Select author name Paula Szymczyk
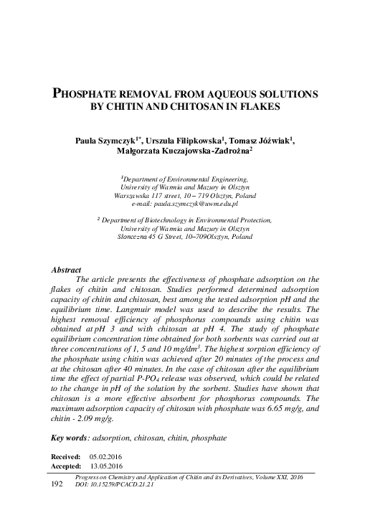point(108,141)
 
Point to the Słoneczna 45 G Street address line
point(184,235)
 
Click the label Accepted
point(65,465)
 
